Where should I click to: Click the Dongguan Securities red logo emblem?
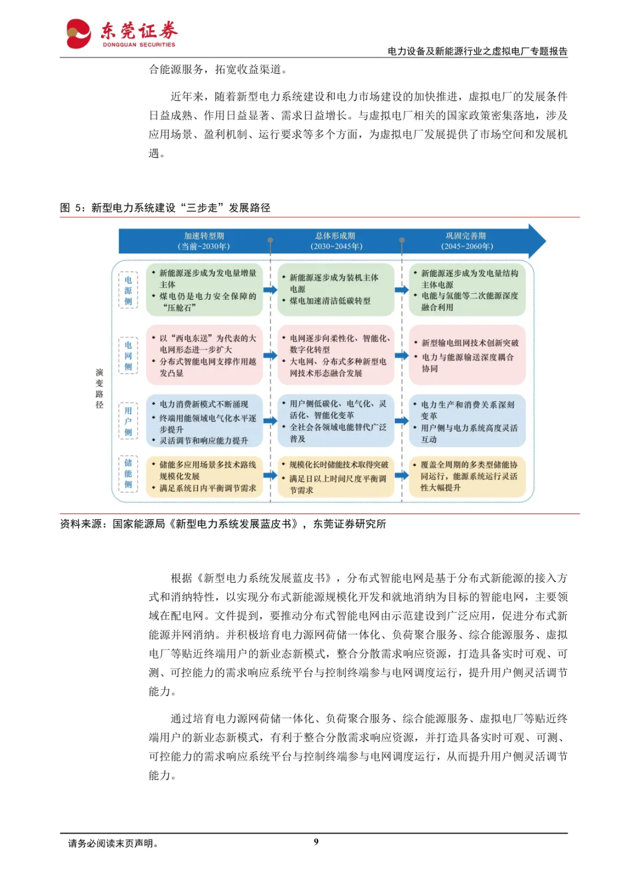78,33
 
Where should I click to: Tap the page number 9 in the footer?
316,841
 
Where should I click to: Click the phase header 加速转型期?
204,241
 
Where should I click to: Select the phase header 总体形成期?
336,241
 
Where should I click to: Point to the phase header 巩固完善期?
466,241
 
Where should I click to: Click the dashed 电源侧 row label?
128,290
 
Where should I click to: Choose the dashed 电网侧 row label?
128,355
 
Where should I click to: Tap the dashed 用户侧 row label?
128,421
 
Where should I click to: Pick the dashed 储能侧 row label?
128,474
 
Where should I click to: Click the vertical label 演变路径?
99,388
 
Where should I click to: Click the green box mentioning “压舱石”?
204,290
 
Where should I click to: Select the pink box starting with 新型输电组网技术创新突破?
468,355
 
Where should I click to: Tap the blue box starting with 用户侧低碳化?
336,420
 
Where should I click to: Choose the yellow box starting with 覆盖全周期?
468,476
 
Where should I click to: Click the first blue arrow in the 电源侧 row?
270,290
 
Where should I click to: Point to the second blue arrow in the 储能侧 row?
402,475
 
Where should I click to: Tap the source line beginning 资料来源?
223,524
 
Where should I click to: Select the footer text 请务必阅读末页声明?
113,843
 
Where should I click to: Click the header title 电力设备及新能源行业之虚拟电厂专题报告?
477,51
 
